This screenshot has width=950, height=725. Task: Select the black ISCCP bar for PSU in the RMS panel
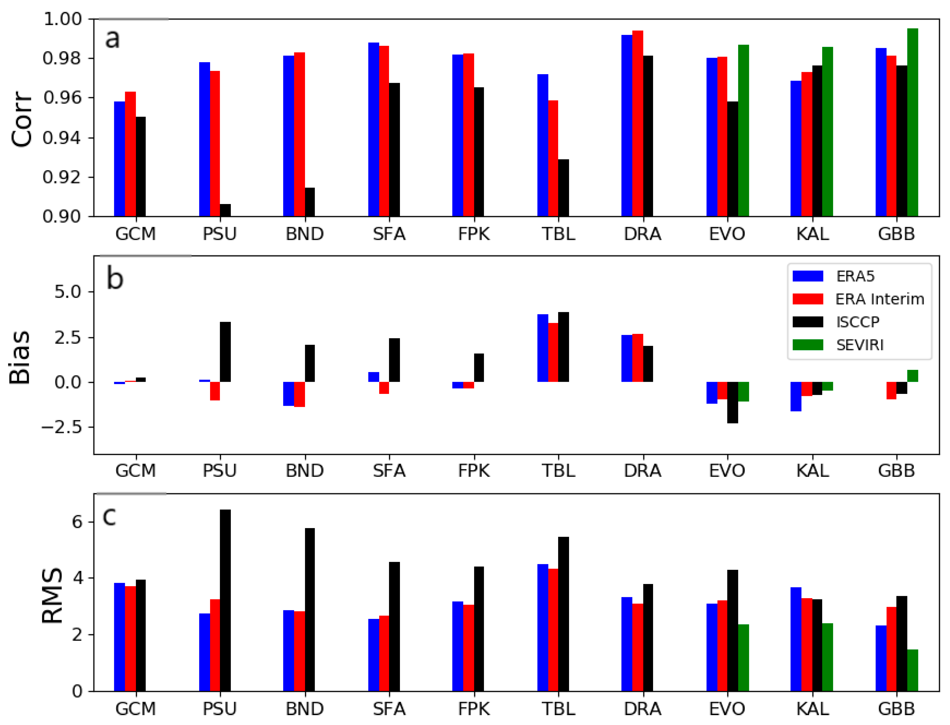tap(225, 600)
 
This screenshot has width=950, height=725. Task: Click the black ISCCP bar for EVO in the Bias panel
tap(733, 402)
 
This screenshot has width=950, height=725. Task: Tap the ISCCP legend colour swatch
tap(808, 322)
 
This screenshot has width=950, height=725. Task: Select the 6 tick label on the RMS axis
tap(77, 522)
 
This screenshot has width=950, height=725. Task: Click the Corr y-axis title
tap(22, 119)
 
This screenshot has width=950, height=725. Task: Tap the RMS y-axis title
tap(52, 596)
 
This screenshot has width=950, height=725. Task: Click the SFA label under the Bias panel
tap(389, 470)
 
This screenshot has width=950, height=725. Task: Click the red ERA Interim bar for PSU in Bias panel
tap(215, 391)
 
